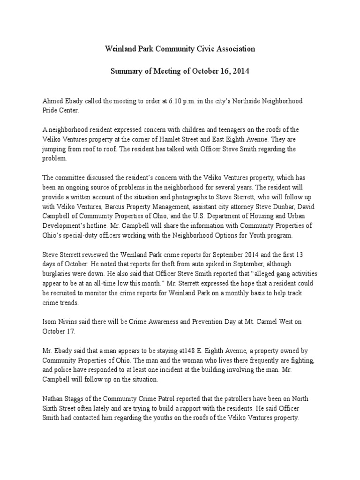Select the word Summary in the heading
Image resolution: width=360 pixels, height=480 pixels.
coord(126,72)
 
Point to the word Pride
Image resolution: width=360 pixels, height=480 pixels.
coord(51,111)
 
